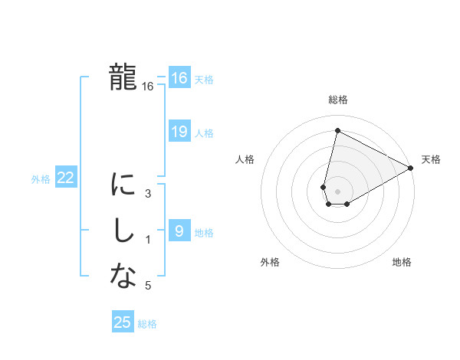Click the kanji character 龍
point(123,77)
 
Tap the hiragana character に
point(123,185)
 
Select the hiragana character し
point(123,231)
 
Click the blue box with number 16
point(179,78)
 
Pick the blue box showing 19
point(179,132)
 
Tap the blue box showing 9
point(179,231)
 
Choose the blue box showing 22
point(66,178)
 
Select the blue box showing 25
point(123,322)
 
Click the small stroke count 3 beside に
point(148,194)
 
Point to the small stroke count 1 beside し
point(148,240)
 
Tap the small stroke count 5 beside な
point(148,286)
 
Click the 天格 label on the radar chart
point(431,159)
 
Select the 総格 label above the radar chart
point(338,100)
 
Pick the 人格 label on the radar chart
point(245,159)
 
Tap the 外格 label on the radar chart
point(270,262)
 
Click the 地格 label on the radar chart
point(402,262)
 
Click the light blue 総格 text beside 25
point(147,324)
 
